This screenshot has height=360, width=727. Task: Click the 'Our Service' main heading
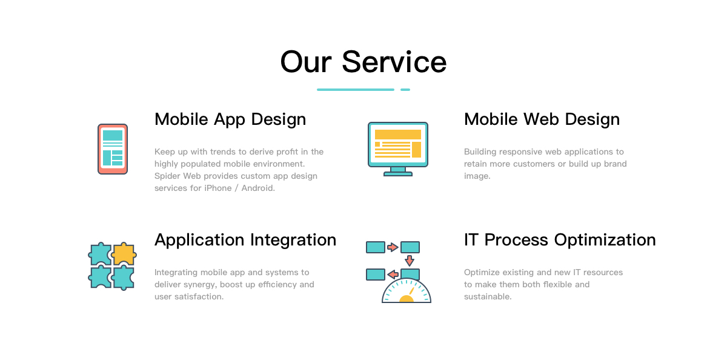[363, 62]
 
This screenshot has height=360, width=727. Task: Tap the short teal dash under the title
[405, 90]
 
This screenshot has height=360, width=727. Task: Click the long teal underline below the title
[356, 90]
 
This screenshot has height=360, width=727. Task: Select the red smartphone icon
[113, 149]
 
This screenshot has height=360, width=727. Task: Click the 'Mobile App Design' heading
[230, 119]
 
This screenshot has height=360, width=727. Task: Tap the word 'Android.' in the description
[258, 188]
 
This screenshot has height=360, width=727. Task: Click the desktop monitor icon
[398, 149]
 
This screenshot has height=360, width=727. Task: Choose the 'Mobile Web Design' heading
[542, 119]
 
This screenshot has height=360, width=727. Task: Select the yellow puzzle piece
[124, 253]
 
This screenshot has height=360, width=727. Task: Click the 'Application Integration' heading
[245, 240]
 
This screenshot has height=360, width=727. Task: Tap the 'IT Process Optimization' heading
[560, 240]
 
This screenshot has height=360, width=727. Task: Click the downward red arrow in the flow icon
[410, 261]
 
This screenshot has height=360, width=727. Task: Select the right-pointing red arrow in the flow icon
[393, 247]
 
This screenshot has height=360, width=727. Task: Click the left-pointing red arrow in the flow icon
[393, 275]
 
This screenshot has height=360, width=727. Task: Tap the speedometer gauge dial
[407, 290]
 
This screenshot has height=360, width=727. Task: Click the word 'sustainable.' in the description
[488, 297]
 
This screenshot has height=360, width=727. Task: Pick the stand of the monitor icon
[398, 172]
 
